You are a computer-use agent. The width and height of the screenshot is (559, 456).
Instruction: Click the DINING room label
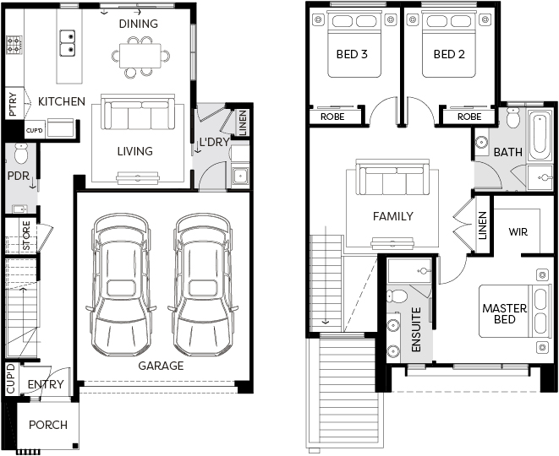tap(139, 24)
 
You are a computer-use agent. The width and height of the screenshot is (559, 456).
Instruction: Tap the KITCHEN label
tap(62, 101)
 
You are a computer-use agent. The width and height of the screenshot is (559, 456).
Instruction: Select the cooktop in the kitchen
tap(14, 45)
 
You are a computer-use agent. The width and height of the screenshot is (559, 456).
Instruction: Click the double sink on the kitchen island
tap(68, 43)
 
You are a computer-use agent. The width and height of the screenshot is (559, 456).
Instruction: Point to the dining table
tap(140, 56)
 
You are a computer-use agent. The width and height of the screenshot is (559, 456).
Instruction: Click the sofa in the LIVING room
tap(138, 112)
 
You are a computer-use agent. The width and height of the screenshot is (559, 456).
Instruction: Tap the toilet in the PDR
tap(21, 154)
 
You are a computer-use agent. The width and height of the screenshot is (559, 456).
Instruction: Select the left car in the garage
tap(121, 285)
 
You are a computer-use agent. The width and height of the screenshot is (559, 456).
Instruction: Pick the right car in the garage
tap(203, 285)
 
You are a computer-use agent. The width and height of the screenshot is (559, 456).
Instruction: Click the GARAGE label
tap(161, 366)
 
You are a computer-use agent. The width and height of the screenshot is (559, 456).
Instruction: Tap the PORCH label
tap(48, 425)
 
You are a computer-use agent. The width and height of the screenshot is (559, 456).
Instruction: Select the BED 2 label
tap(449, 54)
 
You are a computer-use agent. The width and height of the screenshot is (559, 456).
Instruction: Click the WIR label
tap(518, 232)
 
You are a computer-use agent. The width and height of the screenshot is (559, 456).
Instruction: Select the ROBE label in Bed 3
tap(332, 117)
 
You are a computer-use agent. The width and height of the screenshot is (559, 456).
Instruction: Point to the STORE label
tap(27, 236)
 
